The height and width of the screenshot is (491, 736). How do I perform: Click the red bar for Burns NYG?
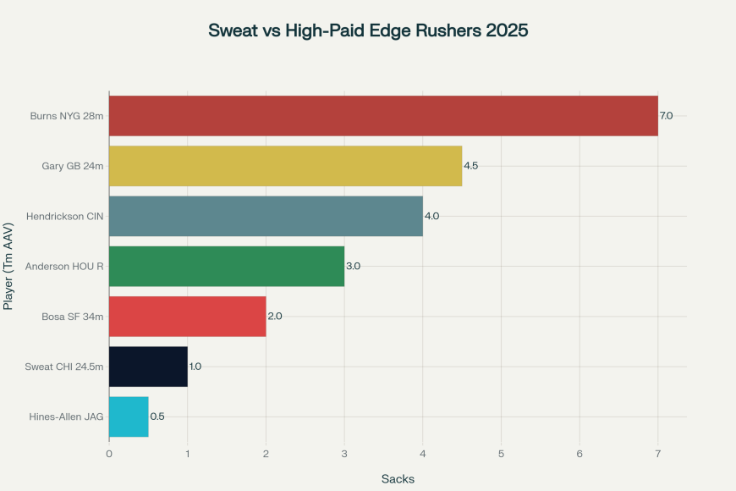coord(383,116)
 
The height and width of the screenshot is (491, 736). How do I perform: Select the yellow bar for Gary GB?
coord(285,166)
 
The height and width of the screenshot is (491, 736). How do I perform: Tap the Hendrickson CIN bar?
coord(266,216)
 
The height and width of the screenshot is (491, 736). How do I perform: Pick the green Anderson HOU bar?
coord(227,266)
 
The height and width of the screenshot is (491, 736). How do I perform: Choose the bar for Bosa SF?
coord(187,316)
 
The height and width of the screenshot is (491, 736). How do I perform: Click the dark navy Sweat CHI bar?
coord(148,367)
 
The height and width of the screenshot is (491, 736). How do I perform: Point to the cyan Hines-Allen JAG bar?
coord(129,417)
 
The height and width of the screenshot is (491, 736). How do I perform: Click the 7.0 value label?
coord(667,116)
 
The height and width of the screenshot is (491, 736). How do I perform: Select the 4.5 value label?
coord(470,166)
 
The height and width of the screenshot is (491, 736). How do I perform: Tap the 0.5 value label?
coord(157,417)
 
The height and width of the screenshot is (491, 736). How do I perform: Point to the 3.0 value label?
coord(353,266)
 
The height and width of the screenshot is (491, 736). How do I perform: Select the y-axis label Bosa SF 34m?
coord(73,316)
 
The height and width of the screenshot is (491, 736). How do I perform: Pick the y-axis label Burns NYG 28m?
coord(67,116)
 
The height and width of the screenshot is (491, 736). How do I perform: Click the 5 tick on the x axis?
coord(502,455)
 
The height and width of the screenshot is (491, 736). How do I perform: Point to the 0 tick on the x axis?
coord(109,455)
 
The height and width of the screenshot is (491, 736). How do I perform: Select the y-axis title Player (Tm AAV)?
coord(9,266)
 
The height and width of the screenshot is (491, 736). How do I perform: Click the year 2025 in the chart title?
coord(505,30)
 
